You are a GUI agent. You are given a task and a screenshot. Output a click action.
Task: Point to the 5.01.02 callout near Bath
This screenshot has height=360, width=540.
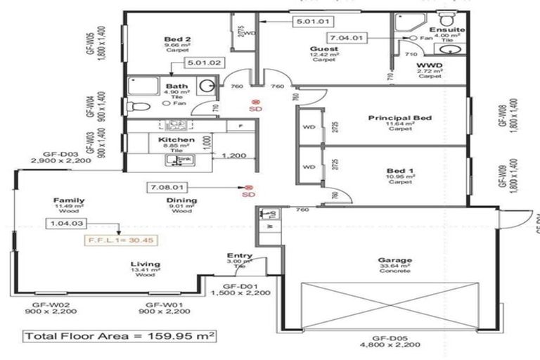[202, 63]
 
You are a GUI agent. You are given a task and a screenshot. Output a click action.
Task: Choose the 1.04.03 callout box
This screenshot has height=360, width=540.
[66, 224]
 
